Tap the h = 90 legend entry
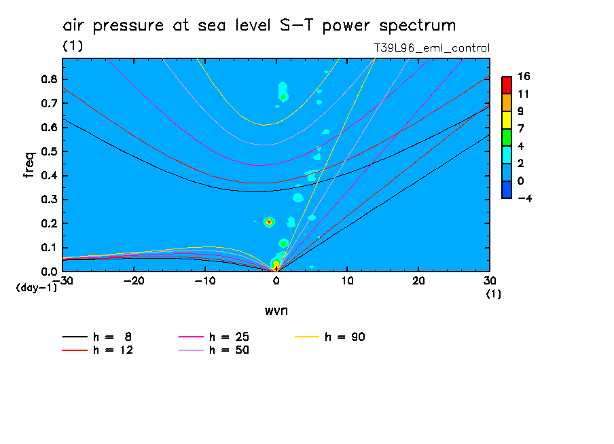[x=344, y=337]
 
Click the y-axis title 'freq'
[x=29, y=165]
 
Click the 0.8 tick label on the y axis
[x=48, y=79]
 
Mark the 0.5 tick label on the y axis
[x=48, y=151]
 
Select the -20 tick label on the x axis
[x=133, y=280]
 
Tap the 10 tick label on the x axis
[x=347, y=280]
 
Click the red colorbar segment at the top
[x=506, y=84]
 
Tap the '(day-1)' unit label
[x=36, y=288]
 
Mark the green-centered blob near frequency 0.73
[x=283, y=96]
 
